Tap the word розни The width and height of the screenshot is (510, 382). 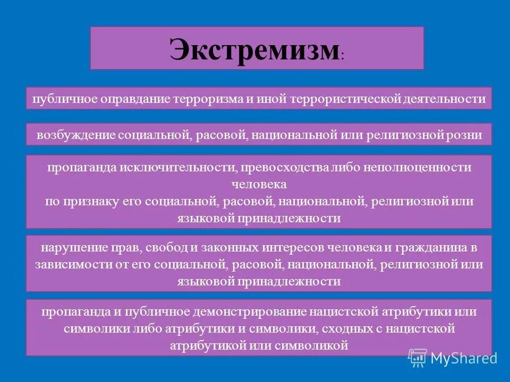coord(465,135)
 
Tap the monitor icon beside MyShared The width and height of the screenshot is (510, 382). coord(418,358)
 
